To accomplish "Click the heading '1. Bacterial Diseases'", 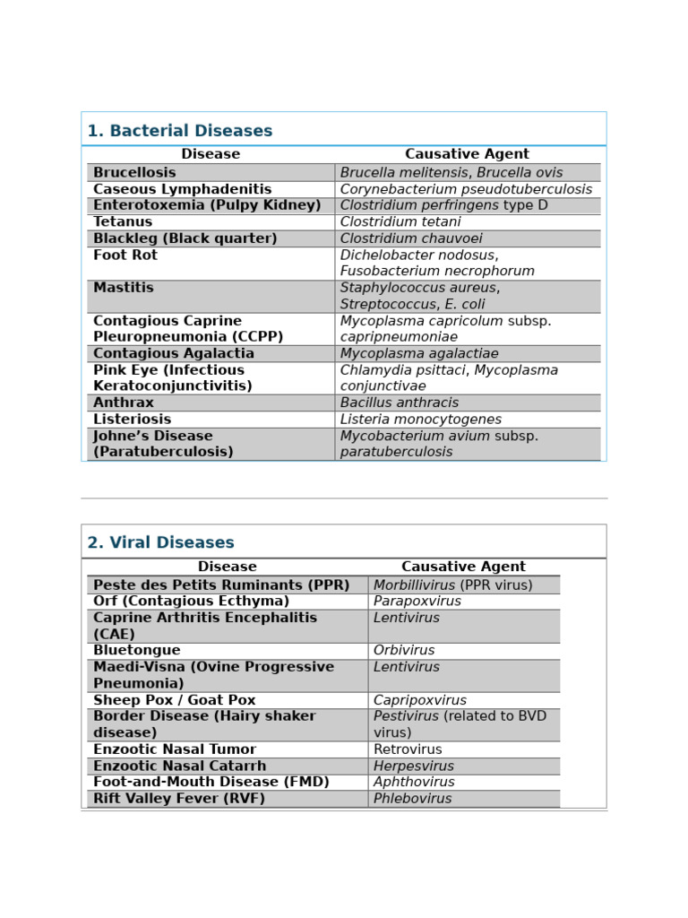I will click(x=179, y=131).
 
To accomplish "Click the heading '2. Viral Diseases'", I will click(x=160, y=542).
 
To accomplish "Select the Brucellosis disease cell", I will click(x=134, y=172).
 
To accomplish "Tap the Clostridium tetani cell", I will click(x=400, y=221).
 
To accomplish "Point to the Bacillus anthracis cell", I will click(x=400, y=403).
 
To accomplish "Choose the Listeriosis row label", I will click(x=132, y=420).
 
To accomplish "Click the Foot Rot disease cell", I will click(x=125, y=255).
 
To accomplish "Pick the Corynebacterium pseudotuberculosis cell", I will click(x=466, y=189).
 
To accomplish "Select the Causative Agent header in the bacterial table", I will click(x=467, y=154).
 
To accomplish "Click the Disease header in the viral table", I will click(x=227, y=567).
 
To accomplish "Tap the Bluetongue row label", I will click(x=136, y=650).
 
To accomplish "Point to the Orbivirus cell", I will click(x=404, y=650).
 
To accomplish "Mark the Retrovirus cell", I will click(x=408, y=749).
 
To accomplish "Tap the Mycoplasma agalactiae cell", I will click(x=419, y=353).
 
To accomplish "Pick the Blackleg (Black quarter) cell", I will click(x=185, y=238).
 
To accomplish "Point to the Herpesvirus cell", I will click(x=413, y=766).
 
